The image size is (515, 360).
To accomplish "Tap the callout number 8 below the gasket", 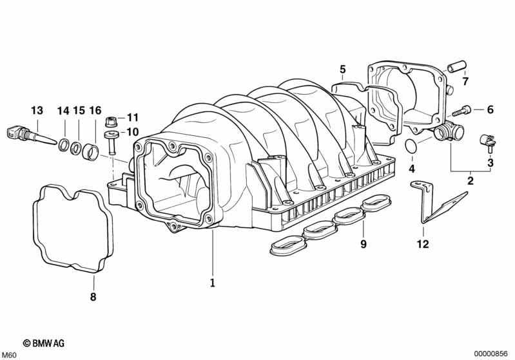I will [x=93, y=297].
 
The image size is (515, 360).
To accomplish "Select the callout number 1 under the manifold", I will [x=211, y=282].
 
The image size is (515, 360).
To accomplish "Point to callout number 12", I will [x=422, y=244].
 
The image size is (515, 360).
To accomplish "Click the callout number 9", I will [x=363, y=244].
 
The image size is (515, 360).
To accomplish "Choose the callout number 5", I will [x=342, y=69].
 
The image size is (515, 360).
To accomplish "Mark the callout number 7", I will [x=465, y=81].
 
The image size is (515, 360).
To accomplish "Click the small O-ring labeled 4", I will [x=410, y=146].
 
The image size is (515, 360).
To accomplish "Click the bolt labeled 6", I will [x=466, y=110].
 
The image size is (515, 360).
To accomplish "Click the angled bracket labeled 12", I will [x=438, y=199].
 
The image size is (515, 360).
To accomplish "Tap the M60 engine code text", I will [x=10, y=355].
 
